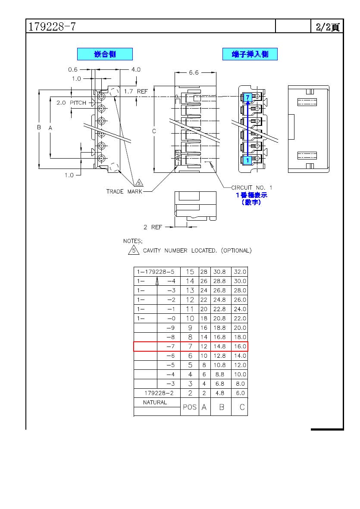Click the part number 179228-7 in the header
tap(52, 26)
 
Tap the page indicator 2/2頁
tap(328, 27)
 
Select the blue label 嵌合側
tap(105, 54)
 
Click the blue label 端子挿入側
tap(250, 54)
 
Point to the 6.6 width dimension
tap(194, 72)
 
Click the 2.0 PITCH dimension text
tap(72, 103)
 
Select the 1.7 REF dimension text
tap(136, 91)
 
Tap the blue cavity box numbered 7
tap(247, 97)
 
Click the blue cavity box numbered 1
tap(247, 160)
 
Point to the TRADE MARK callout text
tap(124, 191)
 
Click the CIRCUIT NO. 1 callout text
tap(252, 187)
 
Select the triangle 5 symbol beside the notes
tap(134, 250)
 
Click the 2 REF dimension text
tap(153, 227)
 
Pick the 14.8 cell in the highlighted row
tap(219, 347)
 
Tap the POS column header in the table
tap(190, 407)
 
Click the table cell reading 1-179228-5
tap(156, 272)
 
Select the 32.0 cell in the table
tap(240, 272)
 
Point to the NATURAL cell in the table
tap(155, 403)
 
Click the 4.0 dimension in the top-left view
tap(136, 69)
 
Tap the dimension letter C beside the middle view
tap(154, 131)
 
